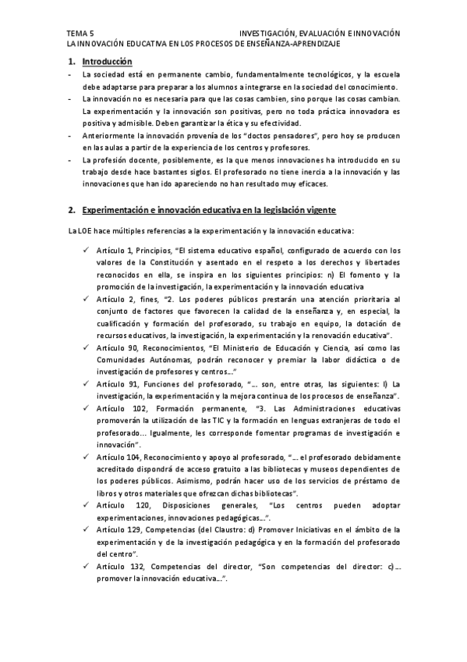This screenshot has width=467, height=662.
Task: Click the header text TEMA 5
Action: tap(80, 34)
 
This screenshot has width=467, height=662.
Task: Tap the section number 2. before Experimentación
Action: tap(72, 211)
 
